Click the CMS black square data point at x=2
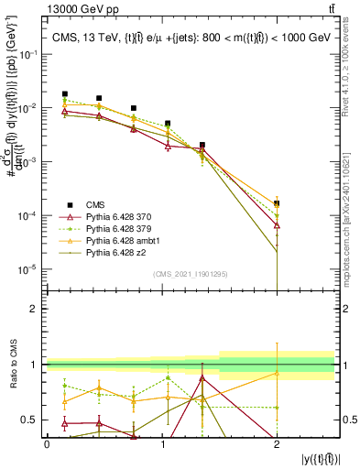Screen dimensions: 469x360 (277, 203)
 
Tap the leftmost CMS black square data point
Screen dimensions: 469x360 (64, 93)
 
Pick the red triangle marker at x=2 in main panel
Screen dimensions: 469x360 (277, 224)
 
